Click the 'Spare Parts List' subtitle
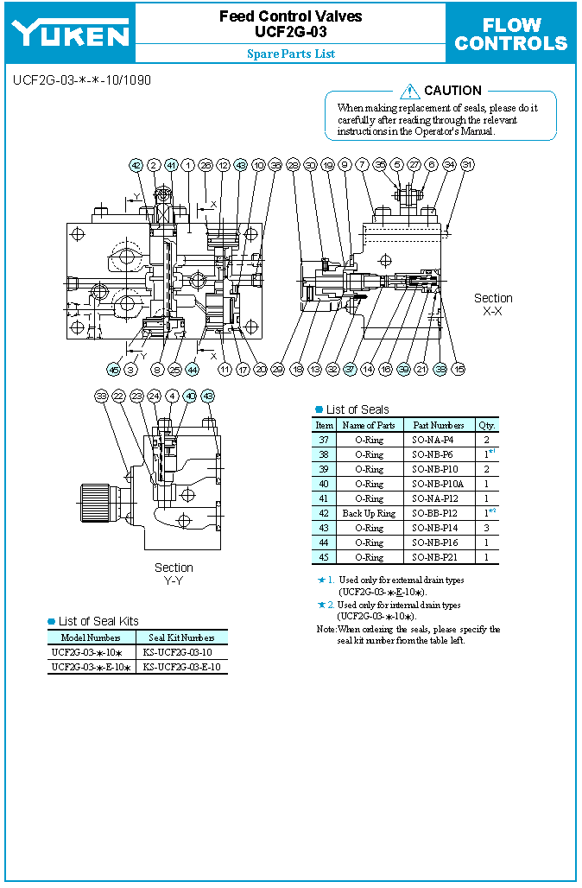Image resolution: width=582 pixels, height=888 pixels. (290, 54)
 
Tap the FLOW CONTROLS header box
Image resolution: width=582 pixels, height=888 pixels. (511, 34)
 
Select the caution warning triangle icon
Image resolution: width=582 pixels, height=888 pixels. (410, 91)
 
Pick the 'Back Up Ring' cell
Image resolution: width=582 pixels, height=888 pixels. (369, 513)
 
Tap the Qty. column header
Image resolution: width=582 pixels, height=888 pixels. (489, 425)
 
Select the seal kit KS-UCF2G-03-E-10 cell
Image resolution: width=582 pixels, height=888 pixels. (181, 667)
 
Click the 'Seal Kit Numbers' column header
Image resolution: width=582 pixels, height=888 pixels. (181, 637)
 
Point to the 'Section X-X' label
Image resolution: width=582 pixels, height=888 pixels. (493, 304)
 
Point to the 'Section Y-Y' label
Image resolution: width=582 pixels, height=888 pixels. (174, 574)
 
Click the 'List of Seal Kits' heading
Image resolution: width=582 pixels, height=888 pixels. (98, 621)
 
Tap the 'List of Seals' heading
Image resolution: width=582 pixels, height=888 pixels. (357, 409)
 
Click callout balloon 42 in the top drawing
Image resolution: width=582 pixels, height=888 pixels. (136, 165)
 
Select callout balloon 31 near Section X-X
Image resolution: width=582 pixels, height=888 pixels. (467, 164)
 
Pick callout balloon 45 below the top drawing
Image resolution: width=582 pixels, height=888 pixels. (113, 369)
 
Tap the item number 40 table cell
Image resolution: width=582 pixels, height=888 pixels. (324, 484)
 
